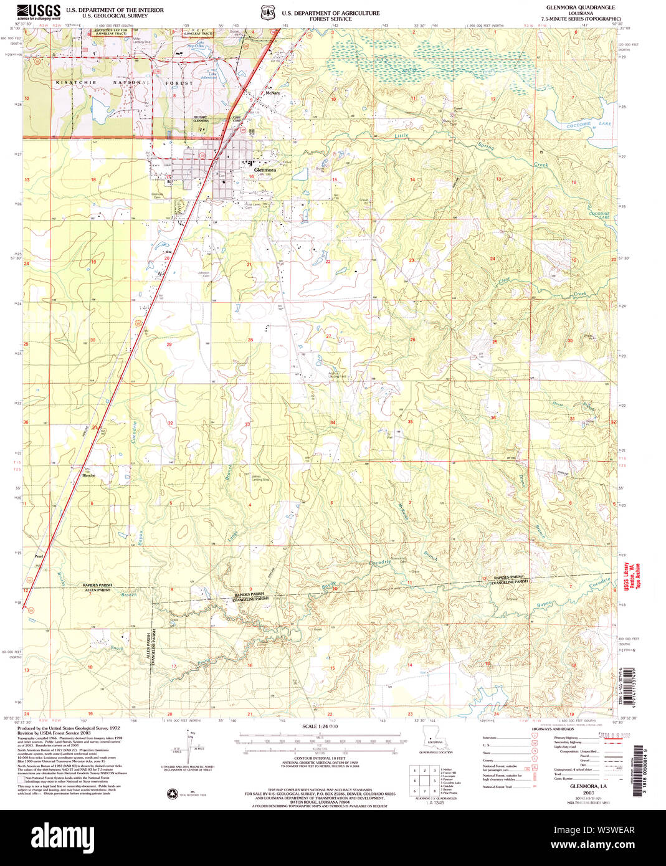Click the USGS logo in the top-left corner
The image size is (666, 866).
(39, 11)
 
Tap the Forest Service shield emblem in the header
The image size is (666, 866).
(267, 12)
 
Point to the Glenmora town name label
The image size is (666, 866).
(265, 169)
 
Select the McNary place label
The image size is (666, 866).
(272, 93)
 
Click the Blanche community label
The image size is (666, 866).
(89, 475)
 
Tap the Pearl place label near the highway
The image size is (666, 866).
(39, 556)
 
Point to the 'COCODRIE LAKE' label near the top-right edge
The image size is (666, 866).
(579, 125)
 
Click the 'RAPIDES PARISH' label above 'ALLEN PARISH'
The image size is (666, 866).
(97, 585)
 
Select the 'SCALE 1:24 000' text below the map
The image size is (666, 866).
(320, 726)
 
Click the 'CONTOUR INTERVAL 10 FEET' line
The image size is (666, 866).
(320, 758)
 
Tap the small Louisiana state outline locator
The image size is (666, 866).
(431, 736)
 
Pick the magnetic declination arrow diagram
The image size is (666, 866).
(189, 745)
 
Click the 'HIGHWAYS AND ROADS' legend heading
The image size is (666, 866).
(553, 729)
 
